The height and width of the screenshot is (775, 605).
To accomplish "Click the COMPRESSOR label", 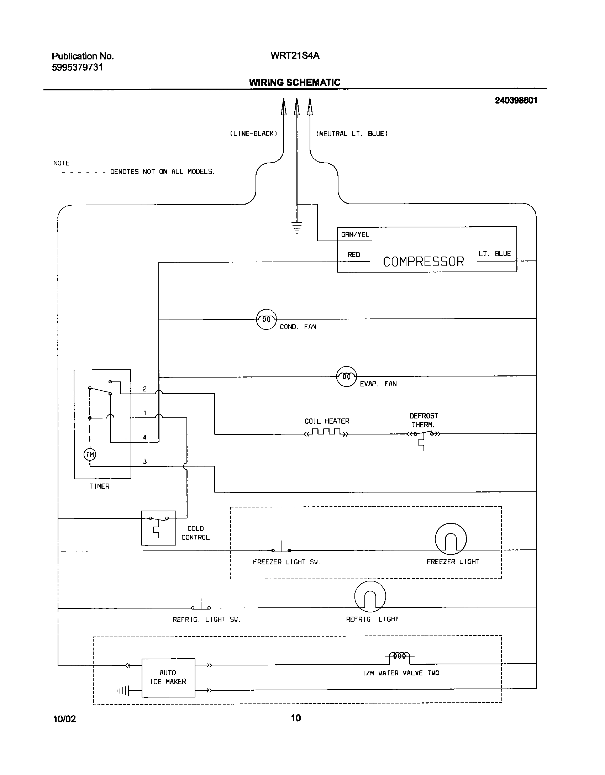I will [x=423, y=262].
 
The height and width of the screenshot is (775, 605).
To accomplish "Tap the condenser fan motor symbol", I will [x=266, y=319].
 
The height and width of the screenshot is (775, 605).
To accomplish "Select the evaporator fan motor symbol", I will [x=346, y=376].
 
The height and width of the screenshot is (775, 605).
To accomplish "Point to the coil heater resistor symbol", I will [x=326, y=433].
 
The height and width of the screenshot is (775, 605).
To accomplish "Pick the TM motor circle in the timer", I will [x=90, y=454].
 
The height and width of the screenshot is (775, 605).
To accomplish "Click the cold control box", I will [x=158, y=528].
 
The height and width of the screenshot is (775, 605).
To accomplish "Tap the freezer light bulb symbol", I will [x=451, y=539].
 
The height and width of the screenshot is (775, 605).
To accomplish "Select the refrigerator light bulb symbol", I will [x=370, y=597].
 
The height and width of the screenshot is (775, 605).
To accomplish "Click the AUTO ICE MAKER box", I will [x=168, y=678].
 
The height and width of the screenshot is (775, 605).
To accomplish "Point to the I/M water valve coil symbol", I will [x=399, y=656].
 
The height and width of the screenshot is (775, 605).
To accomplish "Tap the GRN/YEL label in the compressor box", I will [x=355, y=234].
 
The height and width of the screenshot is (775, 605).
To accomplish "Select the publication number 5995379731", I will [x=77, y=67].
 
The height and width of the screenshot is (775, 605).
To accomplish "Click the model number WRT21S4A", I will [x=295, y=56].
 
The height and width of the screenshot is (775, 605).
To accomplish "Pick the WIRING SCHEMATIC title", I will [x=295, y=83].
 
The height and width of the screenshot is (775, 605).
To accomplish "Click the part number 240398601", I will [x=516, y=101].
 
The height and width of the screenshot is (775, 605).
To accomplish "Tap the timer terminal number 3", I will [x=145, y=462].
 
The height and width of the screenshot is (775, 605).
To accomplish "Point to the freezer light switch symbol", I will [x=281, y=548].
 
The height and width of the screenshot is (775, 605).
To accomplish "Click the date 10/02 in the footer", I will [x=64, y=719].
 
